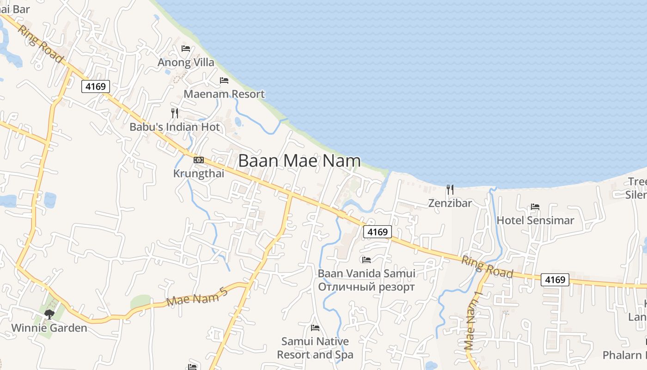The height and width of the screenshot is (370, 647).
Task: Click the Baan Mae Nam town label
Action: coord(299,160)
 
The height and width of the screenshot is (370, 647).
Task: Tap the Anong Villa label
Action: coord(186,62)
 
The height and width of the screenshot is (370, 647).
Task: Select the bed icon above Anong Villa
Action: coord(186,48)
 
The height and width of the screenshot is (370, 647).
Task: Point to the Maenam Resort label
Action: coord(224,94)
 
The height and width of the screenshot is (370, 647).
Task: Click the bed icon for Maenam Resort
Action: coord(224,80)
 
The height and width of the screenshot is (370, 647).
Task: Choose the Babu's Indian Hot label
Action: coord(175,127)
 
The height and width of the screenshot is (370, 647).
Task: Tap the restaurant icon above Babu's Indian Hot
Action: coord(175,113)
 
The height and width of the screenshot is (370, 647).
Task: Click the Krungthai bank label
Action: coord(198,173)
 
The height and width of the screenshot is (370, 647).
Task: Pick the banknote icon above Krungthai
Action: coord(199,160)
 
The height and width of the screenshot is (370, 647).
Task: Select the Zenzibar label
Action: coord(450,203)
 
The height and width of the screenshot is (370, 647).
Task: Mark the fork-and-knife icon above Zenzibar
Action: coord(450,189)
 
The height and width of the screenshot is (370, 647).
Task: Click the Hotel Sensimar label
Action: coord(535,220)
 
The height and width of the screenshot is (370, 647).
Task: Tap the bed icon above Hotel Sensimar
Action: coord(535,206)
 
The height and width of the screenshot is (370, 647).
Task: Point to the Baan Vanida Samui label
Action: coord(366,273)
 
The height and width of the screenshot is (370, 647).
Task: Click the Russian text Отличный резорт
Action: coord(366,287)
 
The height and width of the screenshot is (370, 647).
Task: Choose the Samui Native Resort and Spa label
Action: coord(315,348)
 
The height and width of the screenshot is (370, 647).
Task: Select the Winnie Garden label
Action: coord(49,328)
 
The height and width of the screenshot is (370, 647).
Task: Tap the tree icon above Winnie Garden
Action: coord(49,314)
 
